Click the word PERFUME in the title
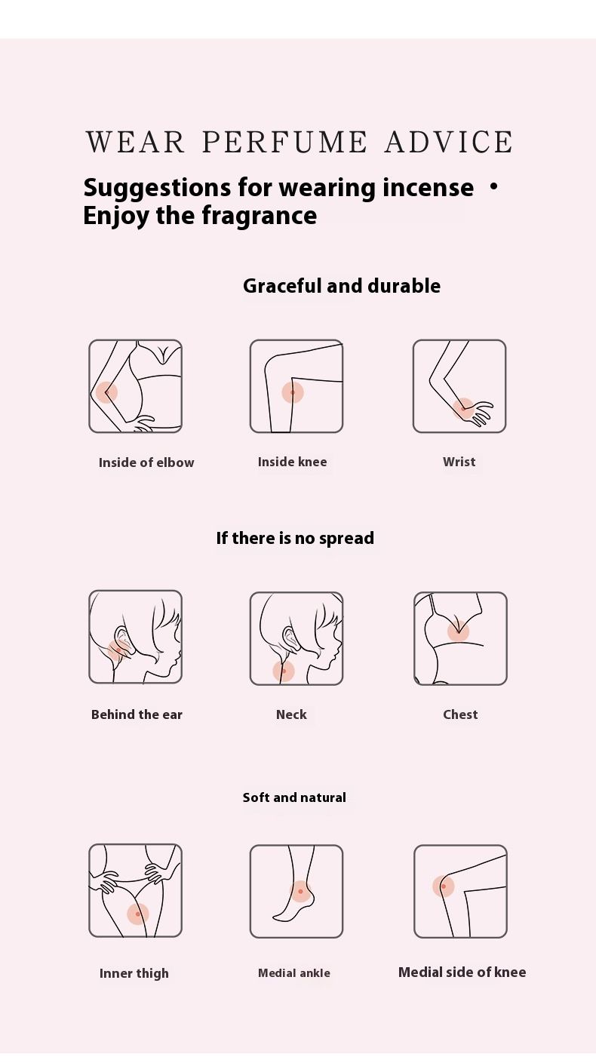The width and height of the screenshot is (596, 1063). coord(284,142)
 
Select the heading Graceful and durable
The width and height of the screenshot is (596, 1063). coord(342,286)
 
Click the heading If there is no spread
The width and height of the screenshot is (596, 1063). coord(295,538)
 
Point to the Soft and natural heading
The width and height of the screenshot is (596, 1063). coord(294,797)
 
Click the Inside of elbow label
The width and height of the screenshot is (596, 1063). coord(146,462)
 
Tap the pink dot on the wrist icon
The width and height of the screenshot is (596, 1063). coord(463,408)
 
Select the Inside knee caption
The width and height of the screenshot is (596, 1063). coord(292,462)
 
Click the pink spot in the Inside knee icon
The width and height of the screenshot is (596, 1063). coord(292,392)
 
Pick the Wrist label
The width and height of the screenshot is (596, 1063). coord(459,462)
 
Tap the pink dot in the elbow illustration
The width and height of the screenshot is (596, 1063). coord(106,392)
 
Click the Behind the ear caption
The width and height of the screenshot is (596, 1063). coord(137,714)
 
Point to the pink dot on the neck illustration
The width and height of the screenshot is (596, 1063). coord(284,671)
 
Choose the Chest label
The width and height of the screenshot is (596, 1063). coord(460,714)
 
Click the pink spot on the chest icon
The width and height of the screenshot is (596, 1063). coord(459,631)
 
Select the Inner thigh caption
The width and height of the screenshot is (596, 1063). coord(134,973)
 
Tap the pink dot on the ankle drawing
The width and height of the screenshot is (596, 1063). coord(300,892)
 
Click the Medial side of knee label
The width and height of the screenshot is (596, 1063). coord(462,972)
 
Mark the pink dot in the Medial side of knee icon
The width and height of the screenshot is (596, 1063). coord(444,886)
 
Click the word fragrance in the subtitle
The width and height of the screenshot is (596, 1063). coord(259,216)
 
